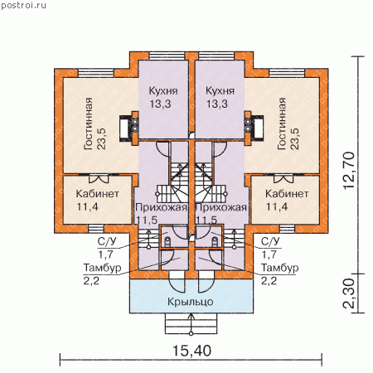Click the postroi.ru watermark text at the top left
(23, 6)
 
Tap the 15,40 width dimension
(191, 351)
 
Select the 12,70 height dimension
(349, 170)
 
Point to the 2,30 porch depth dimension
(349, 293)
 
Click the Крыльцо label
(191, 302)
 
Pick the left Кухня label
(163, 90)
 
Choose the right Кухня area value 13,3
(217, 104)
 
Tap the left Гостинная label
(88, 124)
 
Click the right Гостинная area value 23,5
(294, 139)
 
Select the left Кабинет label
(97, 193)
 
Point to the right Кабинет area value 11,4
(277, 206)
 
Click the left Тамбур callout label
(102, 268)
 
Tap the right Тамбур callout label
(280, 268)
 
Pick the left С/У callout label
(107, 241)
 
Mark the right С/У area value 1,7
(269, 254)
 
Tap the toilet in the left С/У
(167, 242)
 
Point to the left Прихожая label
(162, 207)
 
